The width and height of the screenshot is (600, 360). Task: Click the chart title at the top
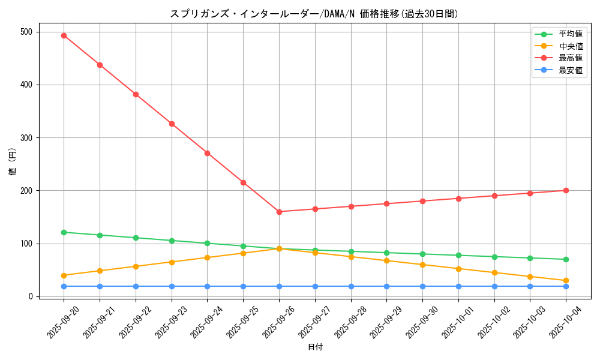[x=314, y=14]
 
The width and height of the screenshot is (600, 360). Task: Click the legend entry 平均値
[x=571, y=34]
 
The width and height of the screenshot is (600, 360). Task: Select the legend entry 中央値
[x=571, y=46]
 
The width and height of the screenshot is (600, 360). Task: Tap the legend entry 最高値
[x=571, y=58]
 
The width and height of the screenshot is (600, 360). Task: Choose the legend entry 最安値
[x=571, y=70]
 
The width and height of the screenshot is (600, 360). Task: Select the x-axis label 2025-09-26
[x=280, y=322]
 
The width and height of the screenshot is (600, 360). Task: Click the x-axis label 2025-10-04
[x=566, y=322]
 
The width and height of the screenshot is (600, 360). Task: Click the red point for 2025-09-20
[x=64, y=35]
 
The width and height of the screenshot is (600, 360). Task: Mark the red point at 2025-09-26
[x=279, y=212]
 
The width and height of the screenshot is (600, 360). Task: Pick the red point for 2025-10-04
[x=566, y=191]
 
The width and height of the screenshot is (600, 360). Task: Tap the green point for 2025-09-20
[x=64, y=232]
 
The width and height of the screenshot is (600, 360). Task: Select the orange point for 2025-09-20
[x=64, y=275]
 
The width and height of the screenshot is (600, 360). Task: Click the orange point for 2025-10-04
[x=566, y=281]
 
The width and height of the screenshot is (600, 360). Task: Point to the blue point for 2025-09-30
[x=422, y=286]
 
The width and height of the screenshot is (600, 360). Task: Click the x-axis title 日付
[x=315, y=347]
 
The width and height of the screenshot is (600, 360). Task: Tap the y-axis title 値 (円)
[x=12, y=162]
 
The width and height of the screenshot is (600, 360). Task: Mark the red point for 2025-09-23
[x=172, y=124]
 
